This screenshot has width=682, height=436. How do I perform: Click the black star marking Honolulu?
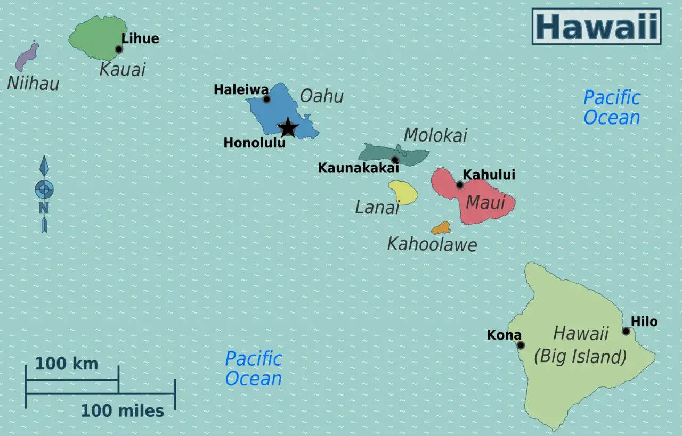[288, 128]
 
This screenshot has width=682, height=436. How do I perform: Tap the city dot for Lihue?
[119, 49]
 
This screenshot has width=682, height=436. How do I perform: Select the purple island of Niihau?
[27, 57]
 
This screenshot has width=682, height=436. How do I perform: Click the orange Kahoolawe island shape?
[441, 228]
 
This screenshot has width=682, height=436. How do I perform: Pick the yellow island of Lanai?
[403, 192]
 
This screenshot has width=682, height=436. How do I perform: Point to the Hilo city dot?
[626, 331]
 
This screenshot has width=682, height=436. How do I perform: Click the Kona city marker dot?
[521, 345]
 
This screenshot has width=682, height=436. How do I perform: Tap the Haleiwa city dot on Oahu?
[266, 99]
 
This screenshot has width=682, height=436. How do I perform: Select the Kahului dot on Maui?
[460, 185]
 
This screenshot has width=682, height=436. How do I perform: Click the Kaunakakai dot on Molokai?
[395, 160]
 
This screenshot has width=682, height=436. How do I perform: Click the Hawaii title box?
[596, 26]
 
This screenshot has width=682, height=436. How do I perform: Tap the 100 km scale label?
[67, 364]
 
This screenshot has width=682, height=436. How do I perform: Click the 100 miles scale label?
[122, 410]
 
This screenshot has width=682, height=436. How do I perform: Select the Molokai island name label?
[435, 135]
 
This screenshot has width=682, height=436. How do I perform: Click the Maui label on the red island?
[485, 202]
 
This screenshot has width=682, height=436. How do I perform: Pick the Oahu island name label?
[321, 96]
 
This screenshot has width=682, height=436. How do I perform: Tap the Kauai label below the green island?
[123, 69]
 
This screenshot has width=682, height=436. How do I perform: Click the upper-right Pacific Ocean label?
[611, 108]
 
